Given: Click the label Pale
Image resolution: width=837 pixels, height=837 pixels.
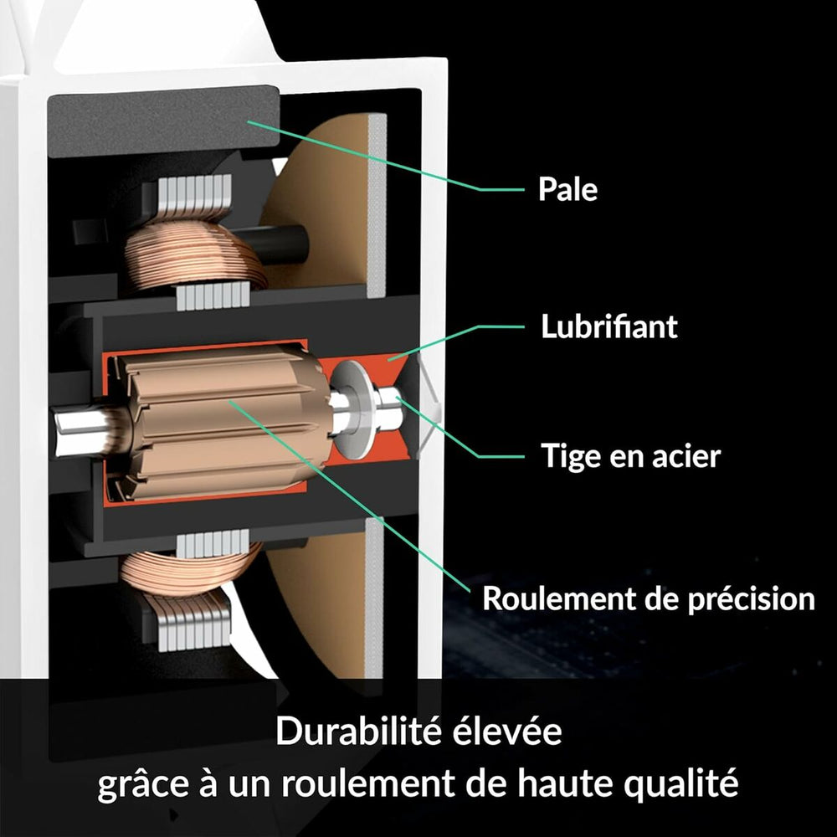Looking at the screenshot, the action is tap(567, 188).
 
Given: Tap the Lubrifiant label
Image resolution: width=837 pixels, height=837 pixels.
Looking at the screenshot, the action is tap(609, 326).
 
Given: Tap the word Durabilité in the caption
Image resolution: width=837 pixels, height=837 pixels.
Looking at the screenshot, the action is tap(358, 730).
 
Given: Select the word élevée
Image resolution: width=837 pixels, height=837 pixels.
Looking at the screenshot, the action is tap(507, 730).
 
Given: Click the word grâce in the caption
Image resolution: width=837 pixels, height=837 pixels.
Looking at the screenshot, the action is tap(143, 783).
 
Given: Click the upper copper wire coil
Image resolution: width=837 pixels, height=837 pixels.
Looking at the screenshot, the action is tap(195, 255).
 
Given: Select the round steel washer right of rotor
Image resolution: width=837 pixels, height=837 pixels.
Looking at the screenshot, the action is tap(352, 409).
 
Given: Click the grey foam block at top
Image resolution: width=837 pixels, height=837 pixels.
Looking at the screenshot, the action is tap(163, 121).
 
